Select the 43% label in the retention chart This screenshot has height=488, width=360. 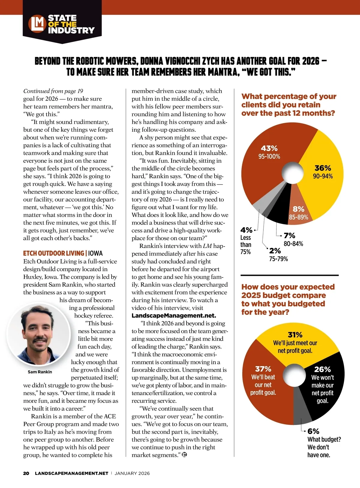pos(269,148)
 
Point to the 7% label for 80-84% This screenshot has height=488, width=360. pos(289,236)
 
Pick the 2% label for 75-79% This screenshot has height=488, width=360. pos(275,251)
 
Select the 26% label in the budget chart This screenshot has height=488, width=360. pos(322,369)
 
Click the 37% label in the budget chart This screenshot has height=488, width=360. pos(263,369)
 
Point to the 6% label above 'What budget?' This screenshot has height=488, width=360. pos(313,431)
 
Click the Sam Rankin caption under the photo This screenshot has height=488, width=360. pos(40,372)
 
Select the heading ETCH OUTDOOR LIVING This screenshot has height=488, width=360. pos(54,253)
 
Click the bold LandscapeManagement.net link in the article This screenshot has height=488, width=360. pos(174,316)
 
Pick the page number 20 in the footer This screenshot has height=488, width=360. pos(26,473)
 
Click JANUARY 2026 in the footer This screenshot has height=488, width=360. pos(132,473)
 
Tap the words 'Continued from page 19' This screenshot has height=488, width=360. pos(53,91)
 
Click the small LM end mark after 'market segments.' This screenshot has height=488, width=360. pos(184,455)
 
